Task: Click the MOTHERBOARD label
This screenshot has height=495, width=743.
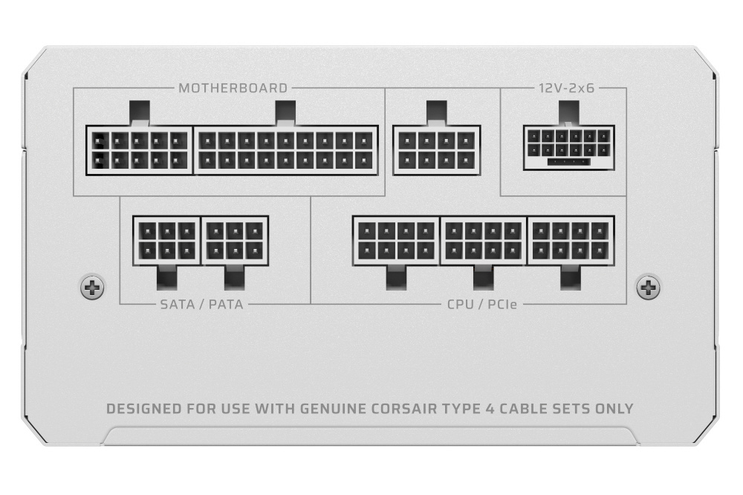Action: click(x=233, y=88)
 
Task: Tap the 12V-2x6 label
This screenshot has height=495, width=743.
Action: click(x=566, y=88)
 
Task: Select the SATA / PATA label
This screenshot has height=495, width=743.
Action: click(x=202, y=304)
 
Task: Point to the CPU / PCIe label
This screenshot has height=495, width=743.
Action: click(x=482, y=304)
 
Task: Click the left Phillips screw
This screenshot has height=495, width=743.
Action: click(x=92, y=287)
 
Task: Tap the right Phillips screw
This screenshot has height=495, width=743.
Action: click(x=648, y=287)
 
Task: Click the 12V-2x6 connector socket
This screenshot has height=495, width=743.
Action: click(x=569, y=147)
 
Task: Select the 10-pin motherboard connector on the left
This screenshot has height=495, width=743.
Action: click(x=140, y=150)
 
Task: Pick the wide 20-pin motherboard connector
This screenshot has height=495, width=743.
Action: click(x=286, y=150)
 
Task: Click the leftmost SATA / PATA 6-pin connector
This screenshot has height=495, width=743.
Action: click(x=166, y=241)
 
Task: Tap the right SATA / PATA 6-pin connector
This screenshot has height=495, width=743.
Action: click(x=235, y=241)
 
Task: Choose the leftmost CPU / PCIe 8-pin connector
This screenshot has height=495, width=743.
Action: click(x=397, y=240)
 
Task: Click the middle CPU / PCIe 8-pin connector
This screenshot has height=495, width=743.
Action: click(x=484, y=240)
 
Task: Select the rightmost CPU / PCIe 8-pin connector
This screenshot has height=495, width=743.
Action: click(x=571, y=240)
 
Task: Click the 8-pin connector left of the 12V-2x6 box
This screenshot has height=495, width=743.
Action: click(x=437, y=150)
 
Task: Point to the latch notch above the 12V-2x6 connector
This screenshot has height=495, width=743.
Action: click(x=569, y=113)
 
